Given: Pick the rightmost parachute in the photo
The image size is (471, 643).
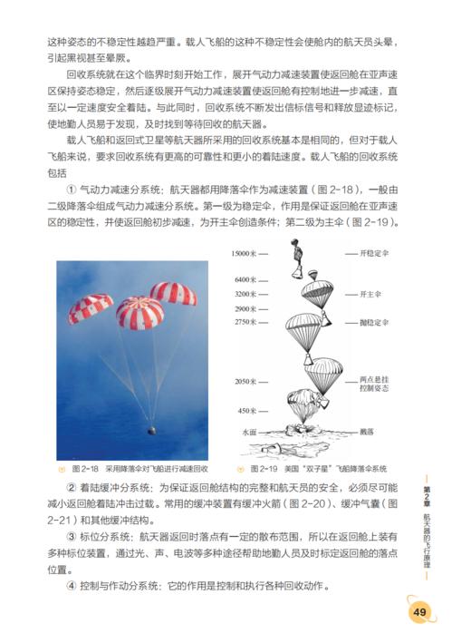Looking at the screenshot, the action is (x=173, y=292).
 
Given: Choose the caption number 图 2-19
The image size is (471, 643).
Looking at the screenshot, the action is (x=255, y=469).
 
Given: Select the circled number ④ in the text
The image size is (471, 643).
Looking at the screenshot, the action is (x=72, y=585).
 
